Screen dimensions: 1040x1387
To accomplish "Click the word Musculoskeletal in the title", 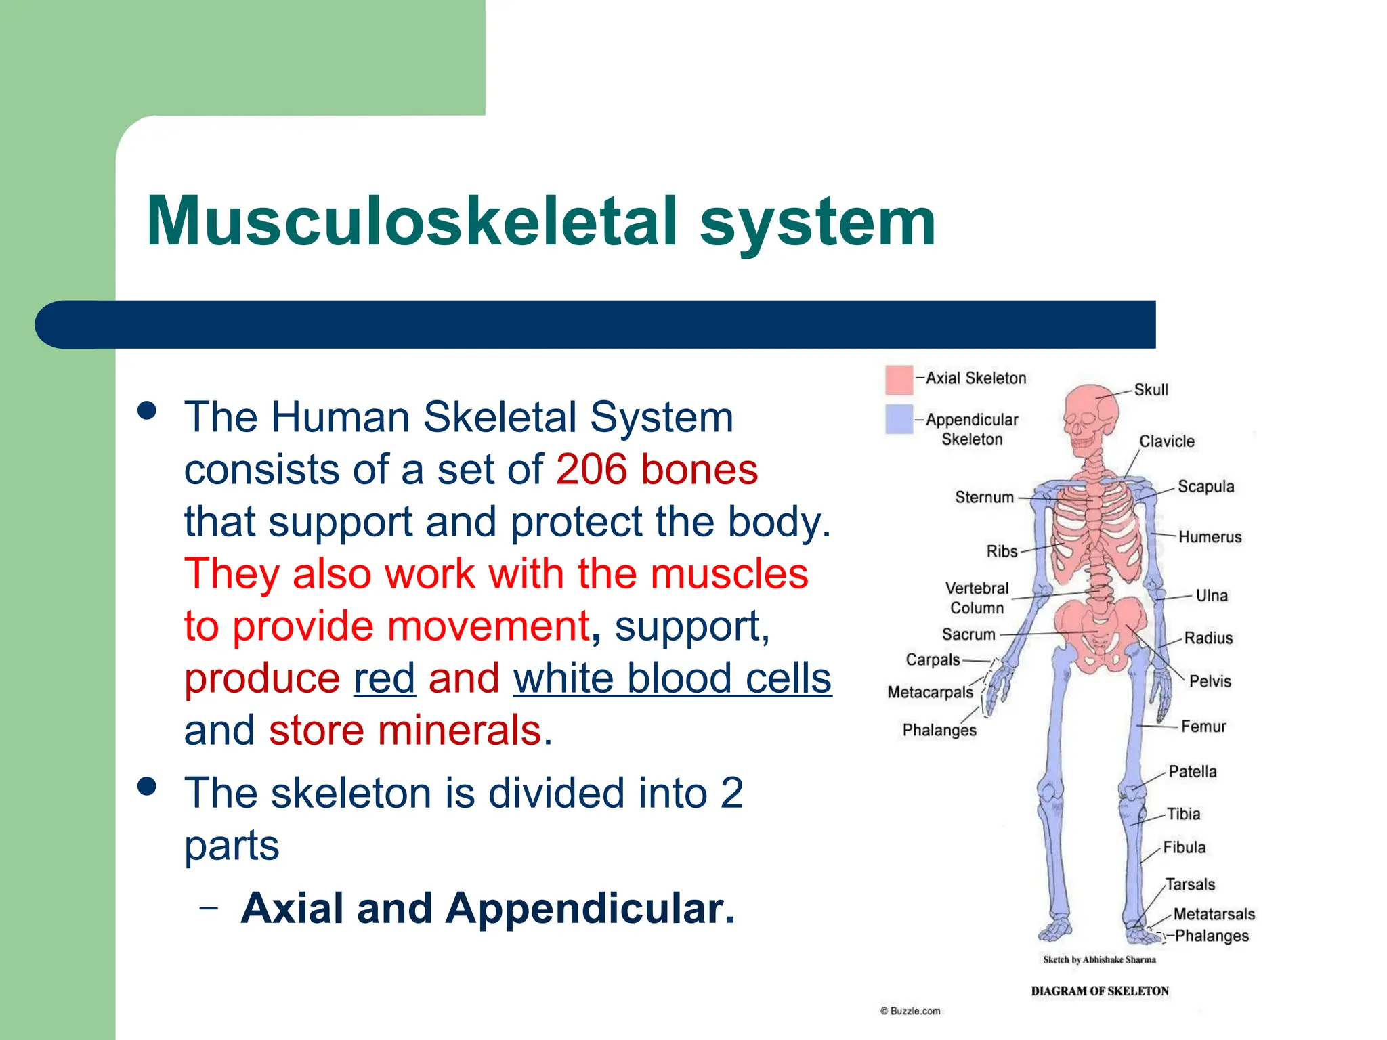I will tap(411, 221).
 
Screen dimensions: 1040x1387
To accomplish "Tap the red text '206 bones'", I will tap(656, 469).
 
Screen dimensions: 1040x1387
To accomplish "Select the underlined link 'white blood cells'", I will tap(672, 678).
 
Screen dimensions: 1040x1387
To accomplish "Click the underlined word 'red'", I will tap(384, 678).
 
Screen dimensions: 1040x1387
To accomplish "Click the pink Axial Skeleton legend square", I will tap(899, 380).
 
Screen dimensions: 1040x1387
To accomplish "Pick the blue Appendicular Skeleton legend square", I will tap(899, 419).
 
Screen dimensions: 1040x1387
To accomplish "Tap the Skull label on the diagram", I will tap(1151, 390).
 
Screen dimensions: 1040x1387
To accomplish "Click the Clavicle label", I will tap(1166, 441).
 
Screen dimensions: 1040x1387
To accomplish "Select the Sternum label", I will tap(984, 497).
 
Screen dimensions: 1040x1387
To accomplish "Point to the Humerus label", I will tap(1210, 537).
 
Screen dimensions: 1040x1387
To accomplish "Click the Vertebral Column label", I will tap(977, 598).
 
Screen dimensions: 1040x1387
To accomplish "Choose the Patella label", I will tap(1192, 772).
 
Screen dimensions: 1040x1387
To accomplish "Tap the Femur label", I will tap(1203, 727).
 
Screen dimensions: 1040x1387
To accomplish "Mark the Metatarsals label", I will tap(1214, 914).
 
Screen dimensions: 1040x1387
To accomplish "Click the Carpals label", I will tap(933, 659).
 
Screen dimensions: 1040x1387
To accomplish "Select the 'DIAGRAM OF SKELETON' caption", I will tap(1099, 991).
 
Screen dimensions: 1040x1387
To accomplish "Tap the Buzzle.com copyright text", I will tap(910, 1011).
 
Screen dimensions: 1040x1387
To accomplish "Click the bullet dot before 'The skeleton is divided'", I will tap(146, 786).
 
